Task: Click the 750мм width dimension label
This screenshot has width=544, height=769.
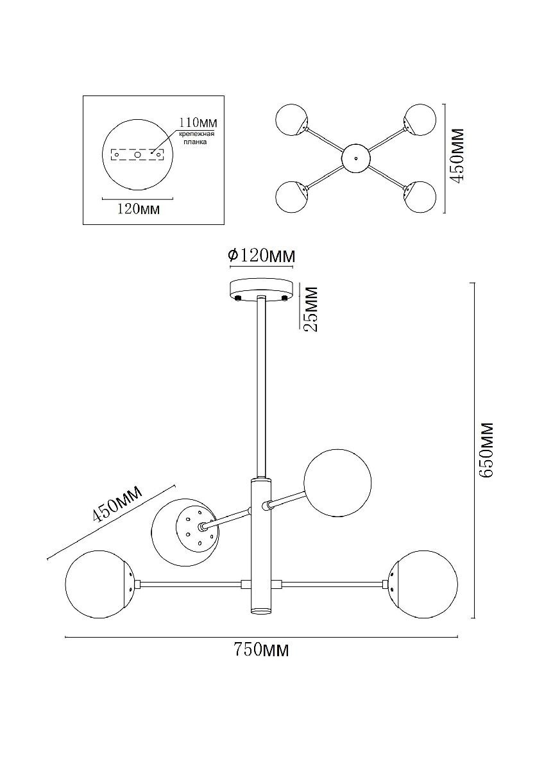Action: click(262, 651)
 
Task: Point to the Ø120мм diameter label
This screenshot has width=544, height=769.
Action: click(262, 256)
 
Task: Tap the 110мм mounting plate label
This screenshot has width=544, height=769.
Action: click(196, 122)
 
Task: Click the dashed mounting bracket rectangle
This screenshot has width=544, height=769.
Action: click(137, 154)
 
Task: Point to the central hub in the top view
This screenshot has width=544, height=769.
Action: click(355, 158)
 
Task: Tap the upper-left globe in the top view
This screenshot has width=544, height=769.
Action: click(292, 120)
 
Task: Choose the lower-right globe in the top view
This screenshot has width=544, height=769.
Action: click(420, 197)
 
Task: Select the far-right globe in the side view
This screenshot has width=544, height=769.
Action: click(425, 584)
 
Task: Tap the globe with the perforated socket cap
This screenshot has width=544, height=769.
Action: click(184, 531)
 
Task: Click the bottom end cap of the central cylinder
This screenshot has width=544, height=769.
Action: click(261, 611)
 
